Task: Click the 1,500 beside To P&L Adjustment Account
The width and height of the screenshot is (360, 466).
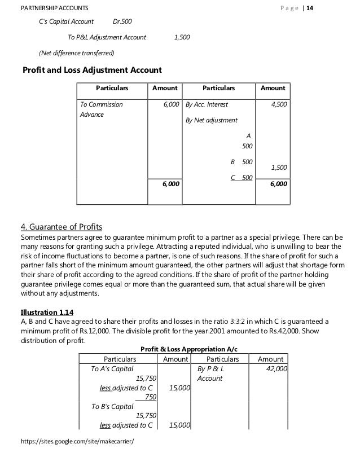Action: [182, 37]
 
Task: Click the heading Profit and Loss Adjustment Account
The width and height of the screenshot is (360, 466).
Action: [91, 70]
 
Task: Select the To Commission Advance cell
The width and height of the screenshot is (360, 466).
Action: [101, 109]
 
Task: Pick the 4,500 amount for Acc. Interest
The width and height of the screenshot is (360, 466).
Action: [278, 104]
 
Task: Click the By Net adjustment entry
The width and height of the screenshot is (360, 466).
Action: [212, 120]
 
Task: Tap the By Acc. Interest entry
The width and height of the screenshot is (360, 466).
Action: [207, 104]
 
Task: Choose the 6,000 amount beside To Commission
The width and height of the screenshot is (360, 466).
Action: [171, 104]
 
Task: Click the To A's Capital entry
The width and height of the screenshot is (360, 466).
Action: [112, 368]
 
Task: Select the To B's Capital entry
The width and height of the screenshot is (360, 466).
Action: [112, 406]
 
